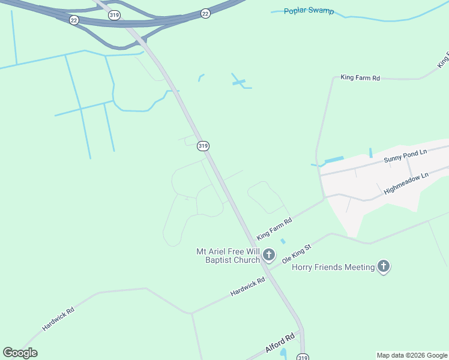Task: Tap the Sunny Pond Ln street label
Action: pos(405,156)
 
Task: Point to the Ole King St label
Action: pos(297,254)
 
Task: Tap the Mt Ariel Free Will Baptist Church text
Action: pos(228,256)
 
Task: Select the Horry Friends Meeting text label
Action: pos(333,267)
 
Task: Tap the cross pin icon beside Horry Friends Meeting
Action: pos(383,267)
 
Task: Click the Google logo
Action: pos(20,353)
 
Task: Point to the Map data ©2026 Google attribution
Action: pos(412,355)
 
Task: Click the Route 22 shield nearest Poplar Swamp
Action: pos(205,13)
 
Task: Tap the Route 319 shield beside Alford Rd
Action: pos(303,357)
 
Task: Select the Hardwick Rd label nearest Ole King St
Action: pos(247,287)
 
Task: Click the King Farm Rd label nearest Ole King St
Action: pos(274,229)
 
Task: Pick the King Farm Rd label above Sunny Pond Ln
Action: pos(360,78)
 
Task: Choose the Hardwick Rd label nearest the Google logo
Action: pos(58,319)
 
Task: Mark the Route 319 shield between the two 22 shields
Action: pos(113,16)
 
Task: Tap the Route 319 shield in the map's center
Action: pos(203,146)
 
